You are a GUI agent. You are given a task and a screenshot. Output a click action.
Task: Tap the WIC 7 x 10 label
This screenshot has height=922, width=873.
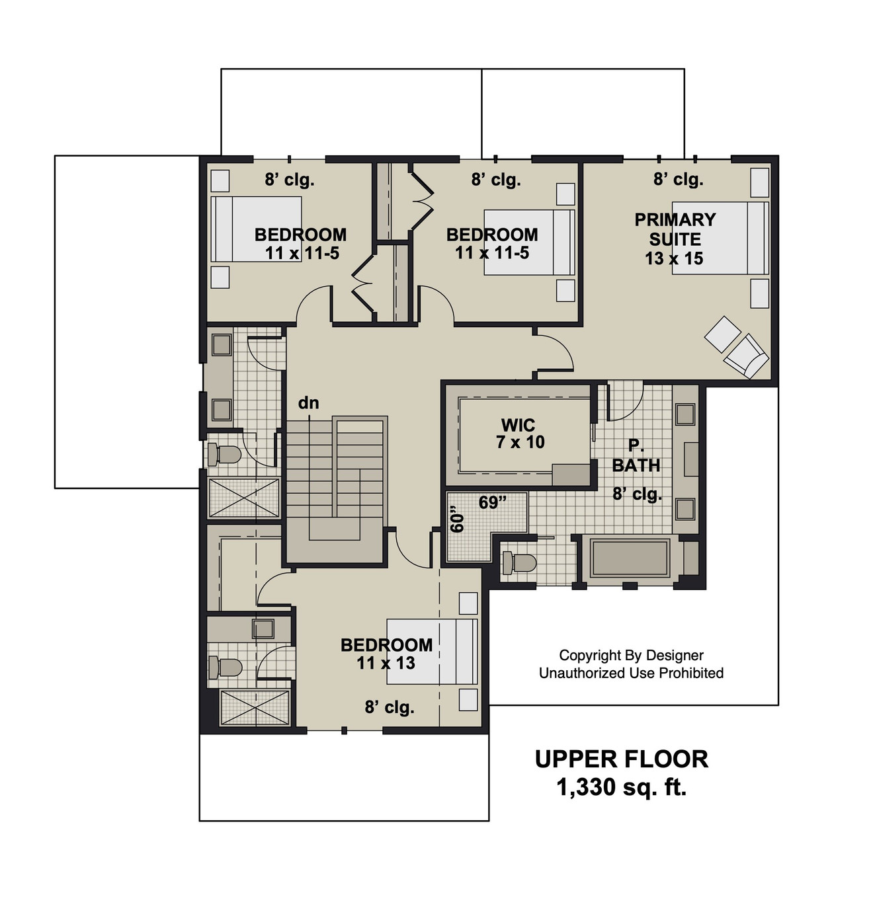(x=519, y=434)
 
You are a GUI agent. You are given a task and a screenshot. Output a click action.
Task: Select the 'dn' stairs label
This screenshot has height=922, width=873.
(x=308, y=403)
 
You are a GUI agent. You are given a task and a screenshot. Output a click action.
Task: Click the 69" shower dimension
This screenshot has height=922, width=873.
(x=492, y=503)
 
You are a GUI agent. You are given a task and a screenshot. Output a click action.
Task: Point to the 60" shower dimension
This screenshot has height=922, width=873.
(x=457, y=520)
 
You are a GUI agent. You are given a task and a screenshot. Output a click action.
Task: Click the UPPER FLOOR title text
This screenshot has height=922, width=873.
(x=621, y=759)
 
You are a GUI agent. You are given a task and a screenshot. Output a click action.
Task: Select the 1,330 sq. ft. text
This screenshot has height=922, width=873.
(x=621, y=788)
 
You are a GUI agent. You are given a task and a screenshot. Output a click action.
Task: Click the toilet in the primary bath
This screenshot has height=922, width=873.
(x=519, y=563)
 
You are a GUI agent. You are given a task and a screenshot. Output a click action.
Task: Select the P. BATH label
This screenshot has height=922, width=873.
(x=636, y=456)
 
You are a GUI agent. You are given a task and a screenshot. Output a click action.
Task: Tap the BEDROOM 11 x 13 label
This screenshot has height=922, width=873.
(x=386, y=654)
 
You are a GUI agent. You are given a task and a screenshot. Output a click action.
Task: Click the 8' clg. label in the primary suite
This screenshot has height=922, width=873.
(x=678, y=179)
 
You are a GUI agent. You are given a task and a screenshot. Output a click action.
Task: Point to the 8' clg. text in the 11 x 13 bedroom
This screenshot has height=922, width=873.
(x=389, y=708)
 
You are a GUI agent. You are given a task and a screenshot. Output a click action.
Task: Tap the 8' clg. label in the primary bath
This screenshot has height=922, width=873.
(x=637, y=494)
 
